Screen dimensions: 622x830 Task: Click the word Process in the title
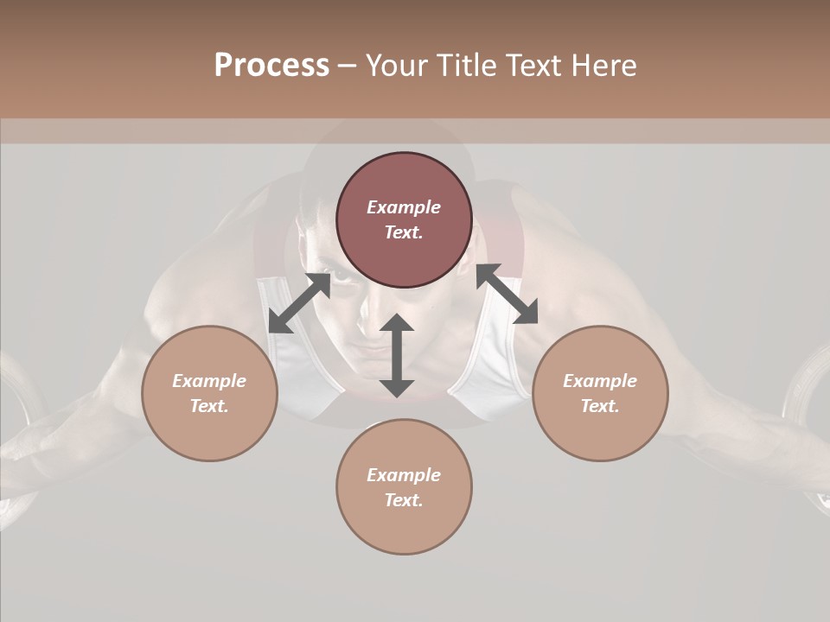[x=271, y=66]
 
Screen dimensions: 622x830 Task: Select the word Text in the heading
[x=531, y=66]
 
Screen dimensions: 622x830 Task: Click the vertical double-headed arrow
[x=397, y=355]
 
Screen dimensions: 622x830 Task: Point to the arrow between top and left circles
[x=299, y=302]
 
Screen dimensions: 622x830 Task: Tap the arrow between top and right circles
[x=507, y=294]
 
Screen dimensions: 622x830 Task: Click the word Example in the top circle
[x=404, y=207]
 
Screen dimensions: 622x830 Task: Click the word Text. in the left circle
[x=209, y=406]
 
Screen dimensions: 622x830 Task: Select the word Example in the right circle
[x=600, y=381]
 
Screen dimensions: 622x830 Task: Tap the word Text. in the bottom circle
[x=404, y=500]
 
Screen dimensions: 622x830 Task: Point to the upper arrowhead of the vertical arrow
[x=397, y=324]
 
